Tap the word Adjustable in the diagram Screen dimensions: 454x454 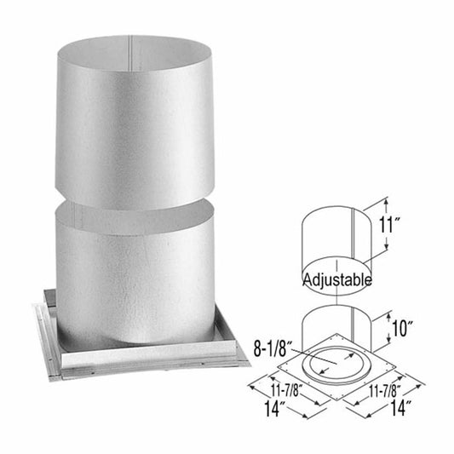tap(336, 279)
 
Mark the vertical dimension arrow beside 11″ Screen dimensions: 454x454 tap(386, 223)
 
